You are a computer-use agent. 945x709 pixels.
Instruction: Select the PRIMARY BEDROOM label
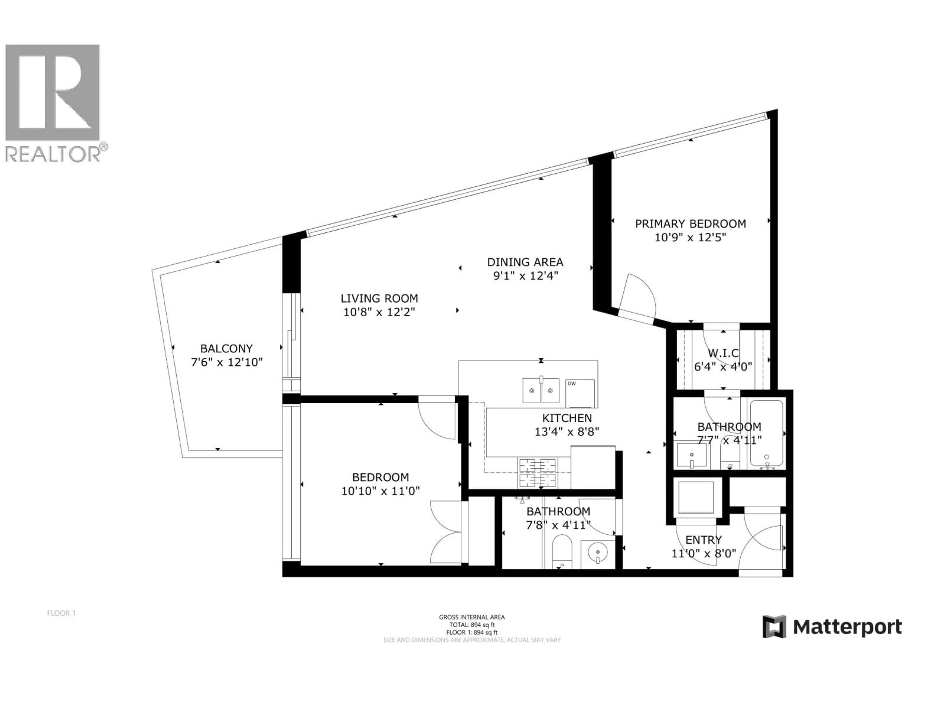coord(690,224)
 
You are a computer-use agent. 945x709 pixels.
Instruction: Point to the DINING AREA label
coord(525,262)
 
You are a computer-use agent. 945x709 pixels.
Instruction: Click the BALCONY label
coord(226,348)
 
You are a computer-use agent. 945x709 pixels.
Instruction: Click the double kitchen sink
coord(541,390)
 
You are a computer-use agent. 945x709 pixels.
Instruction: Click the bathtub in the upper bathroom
coord(766,433)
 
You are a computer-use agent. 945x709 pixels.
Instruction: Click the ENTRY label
coord(703,540)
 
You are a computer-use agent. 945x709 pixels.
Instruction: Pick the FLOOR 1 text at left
coord(61,613)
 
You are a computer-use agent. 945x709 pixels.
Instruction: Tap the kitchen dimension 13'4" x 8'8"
coord(567,432)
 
